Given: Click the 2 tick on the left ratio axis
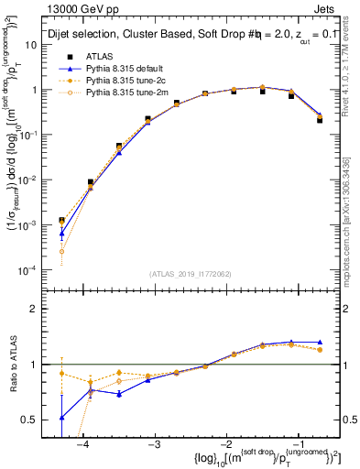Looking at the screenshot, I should (40, 309).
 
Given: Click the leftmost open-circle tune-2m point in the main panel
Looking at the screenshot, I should (61, 251).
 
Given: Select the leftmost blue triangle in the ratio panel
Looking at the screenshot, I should (61, 417).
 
